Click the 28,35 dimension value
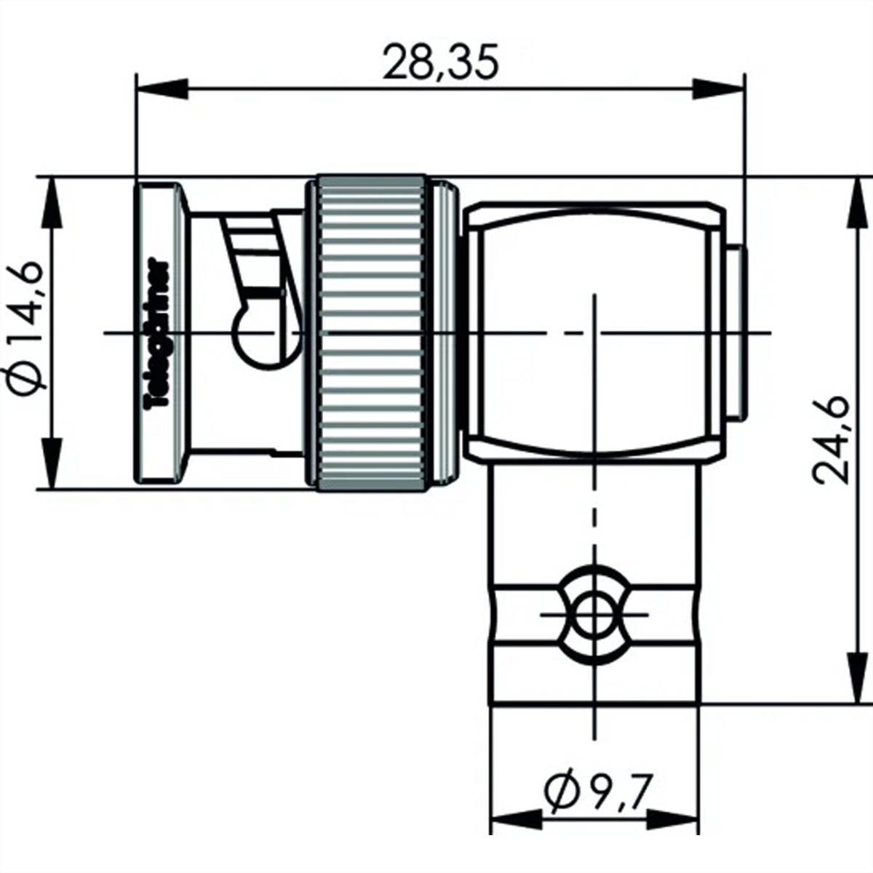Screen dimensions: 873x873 [x=441, y=64]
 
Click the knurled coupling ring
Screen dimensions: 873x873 [x=372, y=332]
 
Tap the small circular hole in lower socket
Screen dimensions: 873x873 [x=595, y=615]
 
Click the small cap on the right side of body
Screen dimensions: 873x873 [x=736, y=333]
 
